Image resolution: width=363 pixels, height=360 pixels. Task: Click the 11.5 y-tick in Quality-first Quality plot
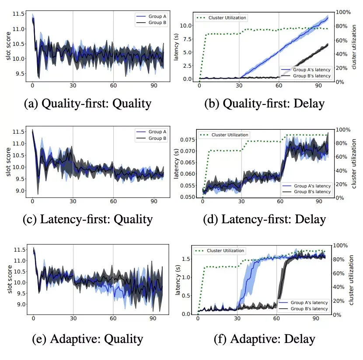(x=19, y=14)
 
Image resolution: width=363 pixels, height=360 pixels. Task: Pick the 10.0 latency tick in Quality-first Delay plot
(x=188, y=25)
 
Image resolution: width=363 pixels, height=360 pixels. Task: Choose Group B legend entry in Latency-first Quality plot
(x=155, y=138)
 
